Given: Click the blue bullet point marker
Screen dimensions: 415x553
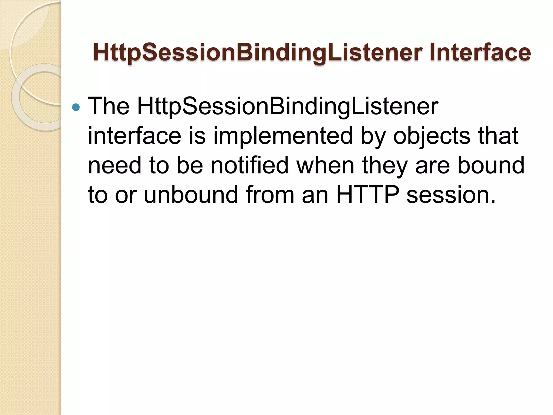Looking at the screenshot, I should click(76, 107).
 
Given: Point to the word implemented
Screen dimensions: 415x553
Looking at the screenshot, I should click(283, 136).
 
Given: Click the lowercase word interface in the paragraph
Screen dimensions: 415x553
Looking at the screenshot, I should click(134, 136).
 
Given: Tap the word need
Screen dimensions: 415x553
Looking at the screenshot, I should click(114, 165).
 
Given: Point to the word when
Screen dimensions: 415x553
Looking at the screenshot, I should click(325, 165).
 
